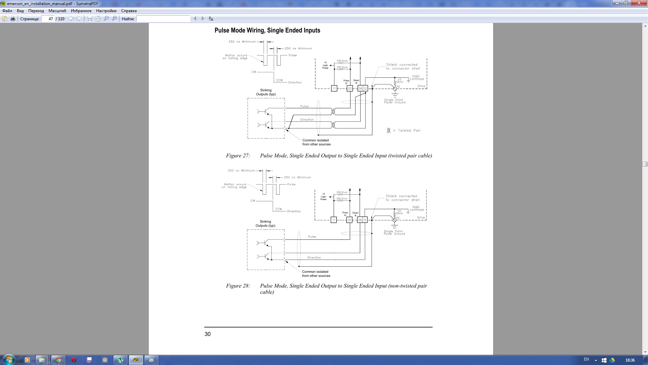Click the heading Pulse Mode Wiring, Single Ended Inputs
[x=267, y=30]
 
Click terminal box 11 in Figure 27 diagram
[x=334, y=89]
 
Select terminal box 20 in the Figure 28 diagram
[x=349, y=220]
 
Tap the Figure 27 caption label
[x=238, y=156]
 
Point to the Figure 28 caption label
[x=238, y=286]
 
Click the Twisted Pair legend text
[x=409, y=130]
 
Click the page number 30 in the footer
[x=208, y=334]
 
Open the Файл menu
[x=7, y=11]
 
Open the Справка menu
[x=129, y=11]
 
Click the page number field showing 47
[x=48, y=19]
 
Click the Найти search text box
[x=163, y=19]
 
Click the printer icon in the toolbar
[x=13, y=19]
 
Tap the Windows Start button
[x=9, y=360]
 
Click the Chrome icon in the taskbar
[x=58, y=360]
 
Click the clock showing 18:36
[x=630, y=360]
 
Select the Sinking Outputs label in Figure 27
[x=266, y=92]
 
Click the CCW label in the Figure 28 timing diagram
[x=278, y=209]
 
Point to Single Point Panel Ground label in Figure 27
[x=395, y=101]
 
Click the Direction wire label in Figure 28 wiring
[x=314, y=258]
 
